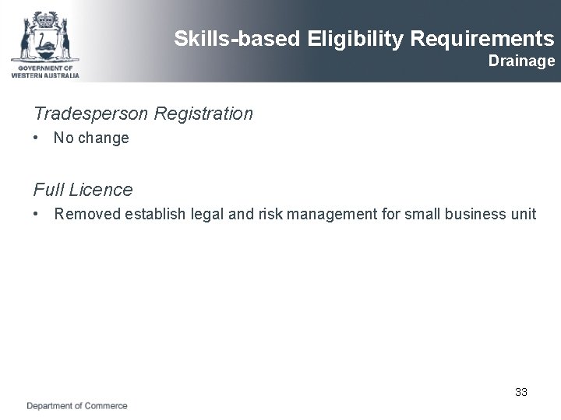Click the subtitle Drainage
[x=521, y=61]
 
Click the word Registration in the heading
[x=203, y=114]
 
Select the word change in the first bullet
[x=104, y=139]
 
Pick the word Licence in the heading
[x=101, y=190]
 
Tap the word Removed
[x=86, y=214]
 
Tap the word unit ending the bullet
[x=524, y=214]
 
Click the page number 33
[x=521, y=392]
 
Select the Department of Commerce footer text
[x=77, y=406]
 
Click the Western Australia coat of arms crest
[x=44, y=35]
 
